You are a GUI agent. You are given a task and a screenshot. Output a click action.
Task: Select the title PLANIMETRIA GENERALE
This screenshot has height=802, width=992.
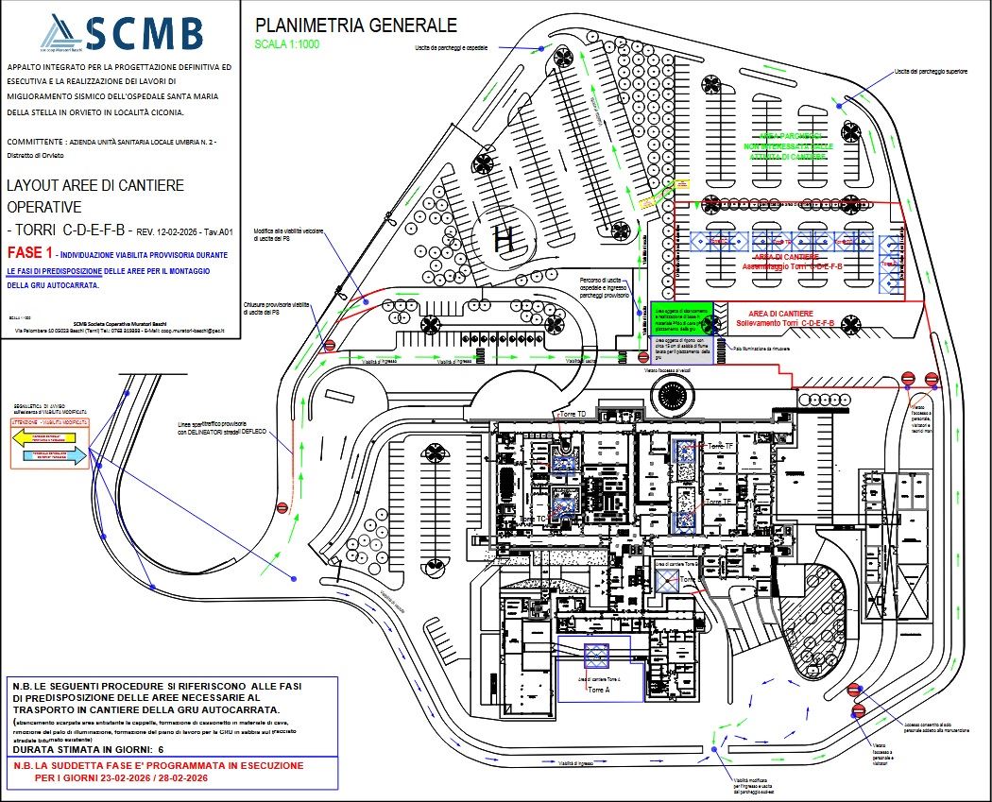pos(356,26)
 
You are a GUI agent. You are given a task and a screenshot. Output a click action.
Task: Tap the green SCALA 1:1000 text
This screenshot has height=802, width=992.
pos(288,43)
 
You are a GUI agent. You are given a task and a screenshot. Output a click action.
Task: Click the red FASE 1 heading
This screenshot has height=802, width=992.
pos(29,253)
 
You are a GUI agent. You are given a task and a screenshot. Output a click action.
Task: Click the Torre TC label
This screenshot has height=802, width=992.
pos(534,519)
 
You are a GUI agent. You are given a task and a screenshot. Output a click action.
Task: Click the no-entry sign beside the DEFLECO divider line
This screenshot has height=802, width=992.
pos(282,507)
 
